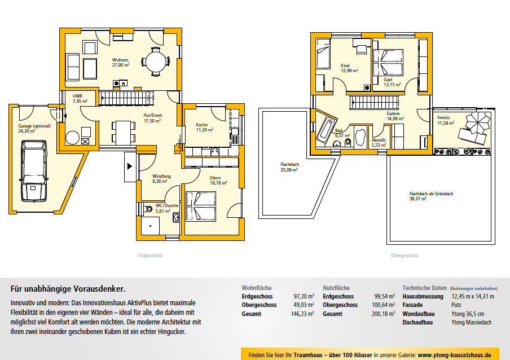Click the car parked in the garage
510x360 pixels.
(34, 171)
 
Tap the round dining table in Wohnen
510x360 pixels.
(156, 62)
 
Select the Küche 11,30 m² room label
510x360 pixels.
(204, 127)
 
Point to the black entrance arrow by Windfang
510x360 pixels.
(129, 166)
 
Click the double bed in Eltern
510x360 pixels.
(201, 207)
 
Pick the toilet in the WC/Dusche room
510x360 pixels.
(148, 208)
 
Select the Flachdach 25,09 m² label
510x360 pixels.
(289, 167)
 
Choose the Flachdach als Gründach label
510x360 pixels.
(431, 194)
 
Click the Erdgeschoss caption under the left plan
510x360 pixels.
(150, 256)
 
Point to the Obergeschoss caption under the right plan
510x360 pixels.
(405, 256)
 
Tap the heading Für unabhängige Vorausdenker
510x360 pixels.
(68, 289)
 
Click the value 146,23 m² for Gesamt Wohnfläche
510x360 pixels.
(302, 314)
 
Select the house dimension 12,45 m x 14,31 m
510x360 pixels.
(473, 296)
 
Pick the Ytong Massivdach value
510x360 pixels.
(471, 322)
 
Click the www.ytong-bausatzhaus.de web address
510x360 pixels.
(454, 355)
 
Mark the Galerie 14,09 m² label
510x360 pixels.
(395, 116)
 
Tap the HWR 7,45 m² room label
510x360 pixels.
(80, 99)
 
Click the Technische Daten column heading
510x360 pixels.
(424, 288)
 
